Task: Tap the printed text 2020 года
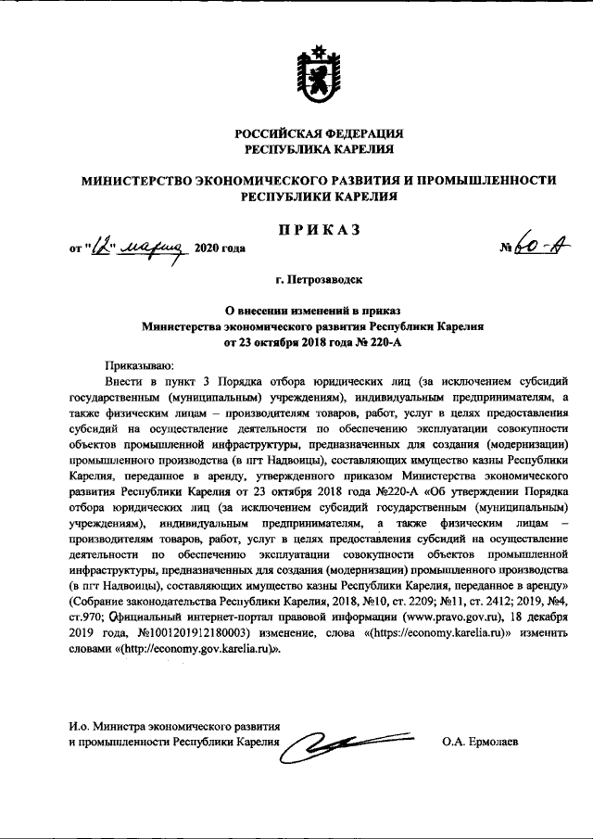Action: click(219, 249)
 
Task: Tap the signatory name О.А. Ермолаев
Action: click(479, 743)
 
